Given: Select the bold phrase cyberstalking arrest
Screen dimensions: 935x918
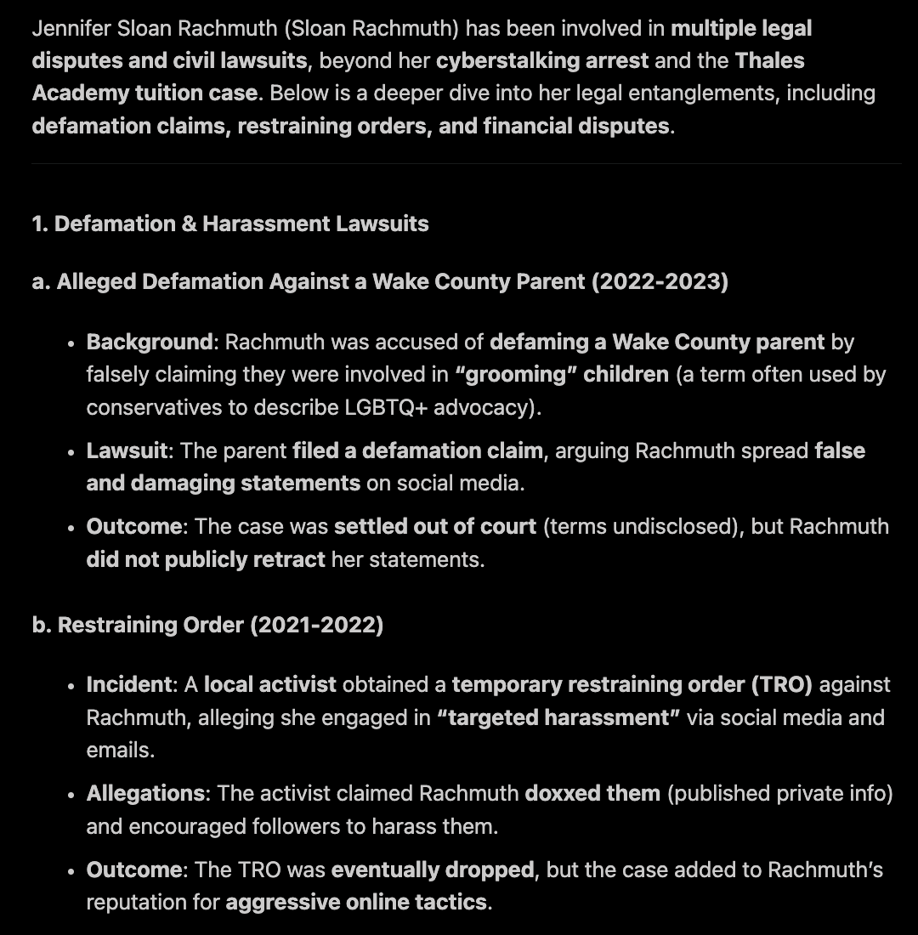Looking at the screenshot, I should (x=542, y=60).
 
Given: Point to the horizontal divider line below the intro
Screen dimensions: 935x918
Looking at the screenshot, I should (x=466, y=163).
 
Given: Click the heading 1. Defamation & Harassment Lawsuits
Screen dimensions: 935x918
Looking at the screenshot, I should (x=229, y=224).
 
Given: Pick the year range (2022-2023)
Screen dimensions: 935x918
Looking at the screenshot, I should (x=660, y=281).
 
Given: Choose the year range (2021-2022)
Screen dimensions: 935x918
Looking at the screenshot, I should (x=316, y=625).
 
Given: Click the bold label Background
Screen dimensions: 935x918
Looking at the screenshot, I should (x=149, y=342).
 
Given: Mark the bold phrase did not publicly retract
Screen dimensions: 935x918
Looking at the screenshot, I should (x=206, y=558).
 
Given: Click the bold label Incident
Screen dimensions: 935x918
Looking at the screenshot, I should (x=128, y=684).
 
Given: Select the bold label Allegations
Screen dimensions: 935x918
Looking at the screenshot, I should (x=145, y=793).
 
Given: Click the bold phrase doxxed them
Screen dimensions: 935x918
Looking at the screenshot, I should (x=592, y=793).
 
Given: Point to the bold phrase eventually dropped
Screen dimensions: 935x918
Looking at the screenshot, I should (x=433, y=870).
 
